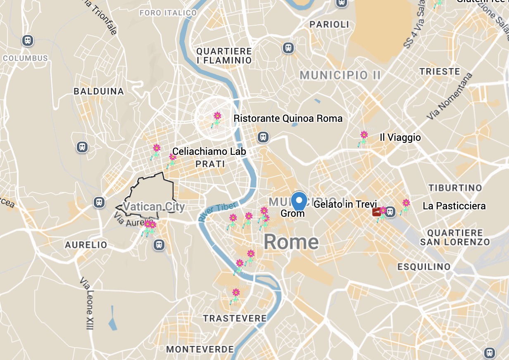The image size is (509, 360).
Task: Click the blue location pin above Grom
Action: (x=299, y=201)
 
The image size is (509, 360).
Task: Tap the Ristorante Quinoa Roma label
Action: (x=288, y=119)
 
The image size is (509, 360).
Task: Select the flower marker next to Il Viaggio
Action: (x=363, y=138)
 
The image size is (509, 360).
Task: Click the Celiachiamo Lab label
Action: (x=209, y=152)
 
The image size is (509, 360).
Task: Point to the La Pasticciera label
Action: (x=454, y=206)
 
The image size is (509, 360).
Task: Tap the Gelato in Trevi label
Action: (x=345, y=204)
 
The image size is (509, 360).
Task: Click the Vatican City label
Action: (x=154, y=206)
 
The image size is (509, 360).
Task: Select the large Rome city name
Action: (x=291, y=242)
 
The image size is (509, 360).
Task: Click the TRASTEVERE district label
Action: (x=235, y=318)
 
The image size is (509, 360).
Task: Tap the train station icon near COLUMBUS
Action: (x=28, y=41)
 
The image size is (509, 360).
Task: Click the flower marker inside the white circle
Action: (x=216, y=119)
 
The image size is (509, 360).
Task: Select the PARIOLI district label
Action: (x=329, y=25)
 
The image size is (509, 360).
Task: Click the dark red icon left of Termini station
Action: (x=376, y=212)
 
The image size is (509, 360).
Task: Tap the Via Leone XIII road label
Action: (x=86, y=303)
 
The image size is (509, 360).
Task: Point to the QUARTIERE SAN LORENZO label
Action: (x=455, y=238)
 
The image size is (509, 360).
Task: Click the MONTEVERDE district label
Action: (x=200, y=349)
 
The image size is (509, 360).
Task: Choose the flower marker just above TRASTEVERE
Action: (x=235, y=296)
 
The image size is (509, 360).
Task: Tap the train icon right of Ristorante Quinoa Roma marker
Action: (x=263, y=137)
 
